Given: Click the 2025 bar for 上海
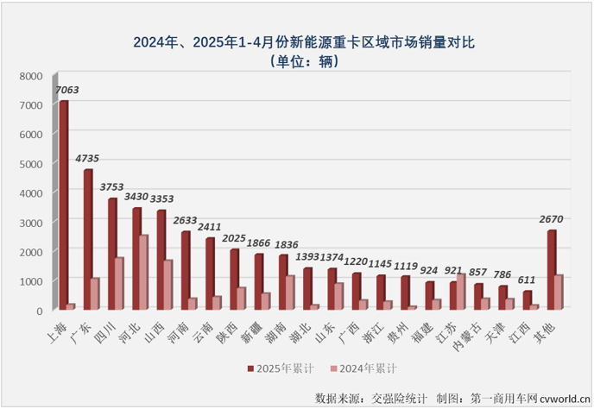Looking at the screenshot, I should (63, 204).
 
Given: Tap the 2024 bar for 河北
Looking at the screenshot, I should (144, 272).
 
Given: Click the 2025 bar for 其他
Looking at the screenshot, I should (552, 269).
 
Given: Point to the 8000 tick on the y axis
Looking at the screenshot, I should (30, 76).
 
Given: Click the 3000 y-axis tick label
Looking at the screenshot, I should (30, 223).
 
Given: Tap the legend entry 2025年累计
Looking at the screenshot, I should (275, 368).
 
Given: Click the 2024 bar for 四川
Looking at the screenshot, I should (119, 283).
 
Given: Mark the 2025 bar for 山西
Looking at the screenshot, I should (161, 260).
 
